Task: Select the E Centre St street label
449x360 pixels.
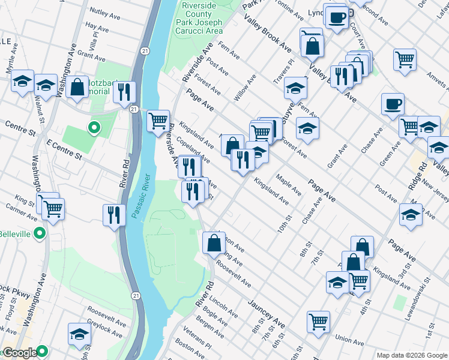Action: [x=64, y=148]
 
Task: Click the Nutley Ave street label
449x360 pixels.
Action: [x=106, y=11]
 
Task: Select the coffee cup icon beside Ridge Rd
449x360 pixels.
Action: [x=393, y=104]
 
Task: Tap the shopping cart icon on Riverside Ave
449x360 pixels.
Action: [x=158, y=121]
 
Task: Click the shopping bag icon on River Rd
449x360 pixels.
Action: [x=214, y=242]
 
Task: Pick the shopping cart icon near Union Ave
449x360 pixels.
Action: [x=318, y=320]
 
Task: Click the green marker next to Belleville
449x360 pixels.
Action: [x=40, y=233]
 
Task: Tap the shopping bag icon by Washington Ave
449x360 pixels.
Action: [x=77, y=87]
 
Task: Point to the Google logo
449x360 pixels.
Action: [x=19, y=353]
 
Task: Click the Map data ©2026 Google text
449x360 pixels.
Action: [x=411, y=355]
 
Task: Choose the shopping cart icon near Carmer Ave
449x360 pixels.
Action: [x=53, y=208]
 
